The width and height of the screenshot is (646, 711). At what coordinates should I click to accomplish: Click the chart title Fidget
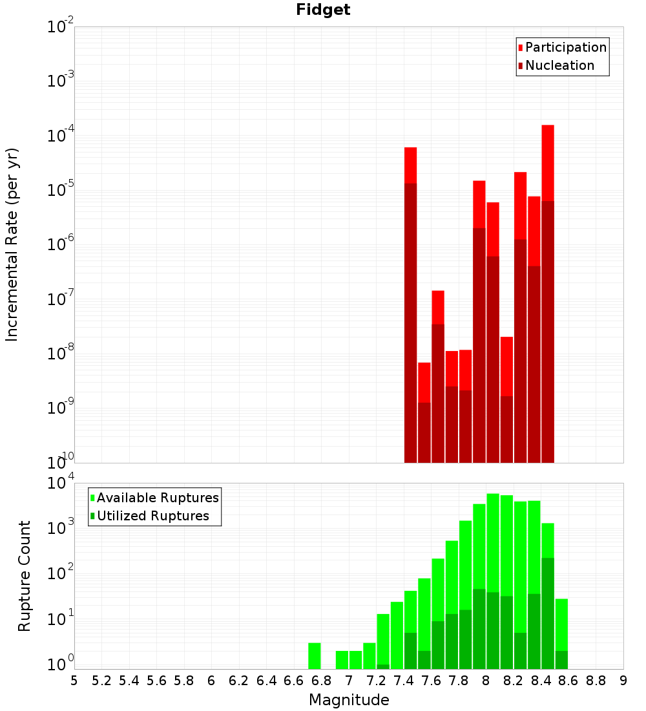point(323,10)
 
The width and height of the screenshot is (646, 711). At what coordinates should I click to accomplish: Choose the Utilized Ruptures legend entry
point(152,516)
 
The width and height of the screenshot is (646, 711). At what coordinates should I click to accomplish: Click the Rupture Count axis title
point(25,576)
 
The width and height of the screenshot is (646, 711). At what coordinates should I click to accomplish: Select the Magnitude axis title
point(349,700)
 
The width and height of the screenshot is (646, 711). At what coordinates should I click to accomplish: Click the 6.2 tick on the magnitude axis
point(239,681)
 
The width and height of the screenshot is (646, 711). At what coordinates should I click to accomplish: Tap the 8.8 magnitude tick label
point(596,681)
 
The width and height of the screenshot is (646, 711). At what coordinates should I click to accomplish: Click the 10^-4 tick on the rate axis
point(61,136)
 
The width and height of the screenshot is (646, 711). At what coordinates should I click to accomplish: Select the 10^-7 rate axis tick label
point(61,299)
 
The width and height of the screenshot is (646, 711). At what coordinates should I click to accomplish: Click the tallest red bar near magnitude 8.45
point(548,162)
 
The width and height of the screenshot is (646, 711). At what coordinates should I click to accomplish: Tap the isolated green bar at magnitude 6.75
point(315,655)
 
